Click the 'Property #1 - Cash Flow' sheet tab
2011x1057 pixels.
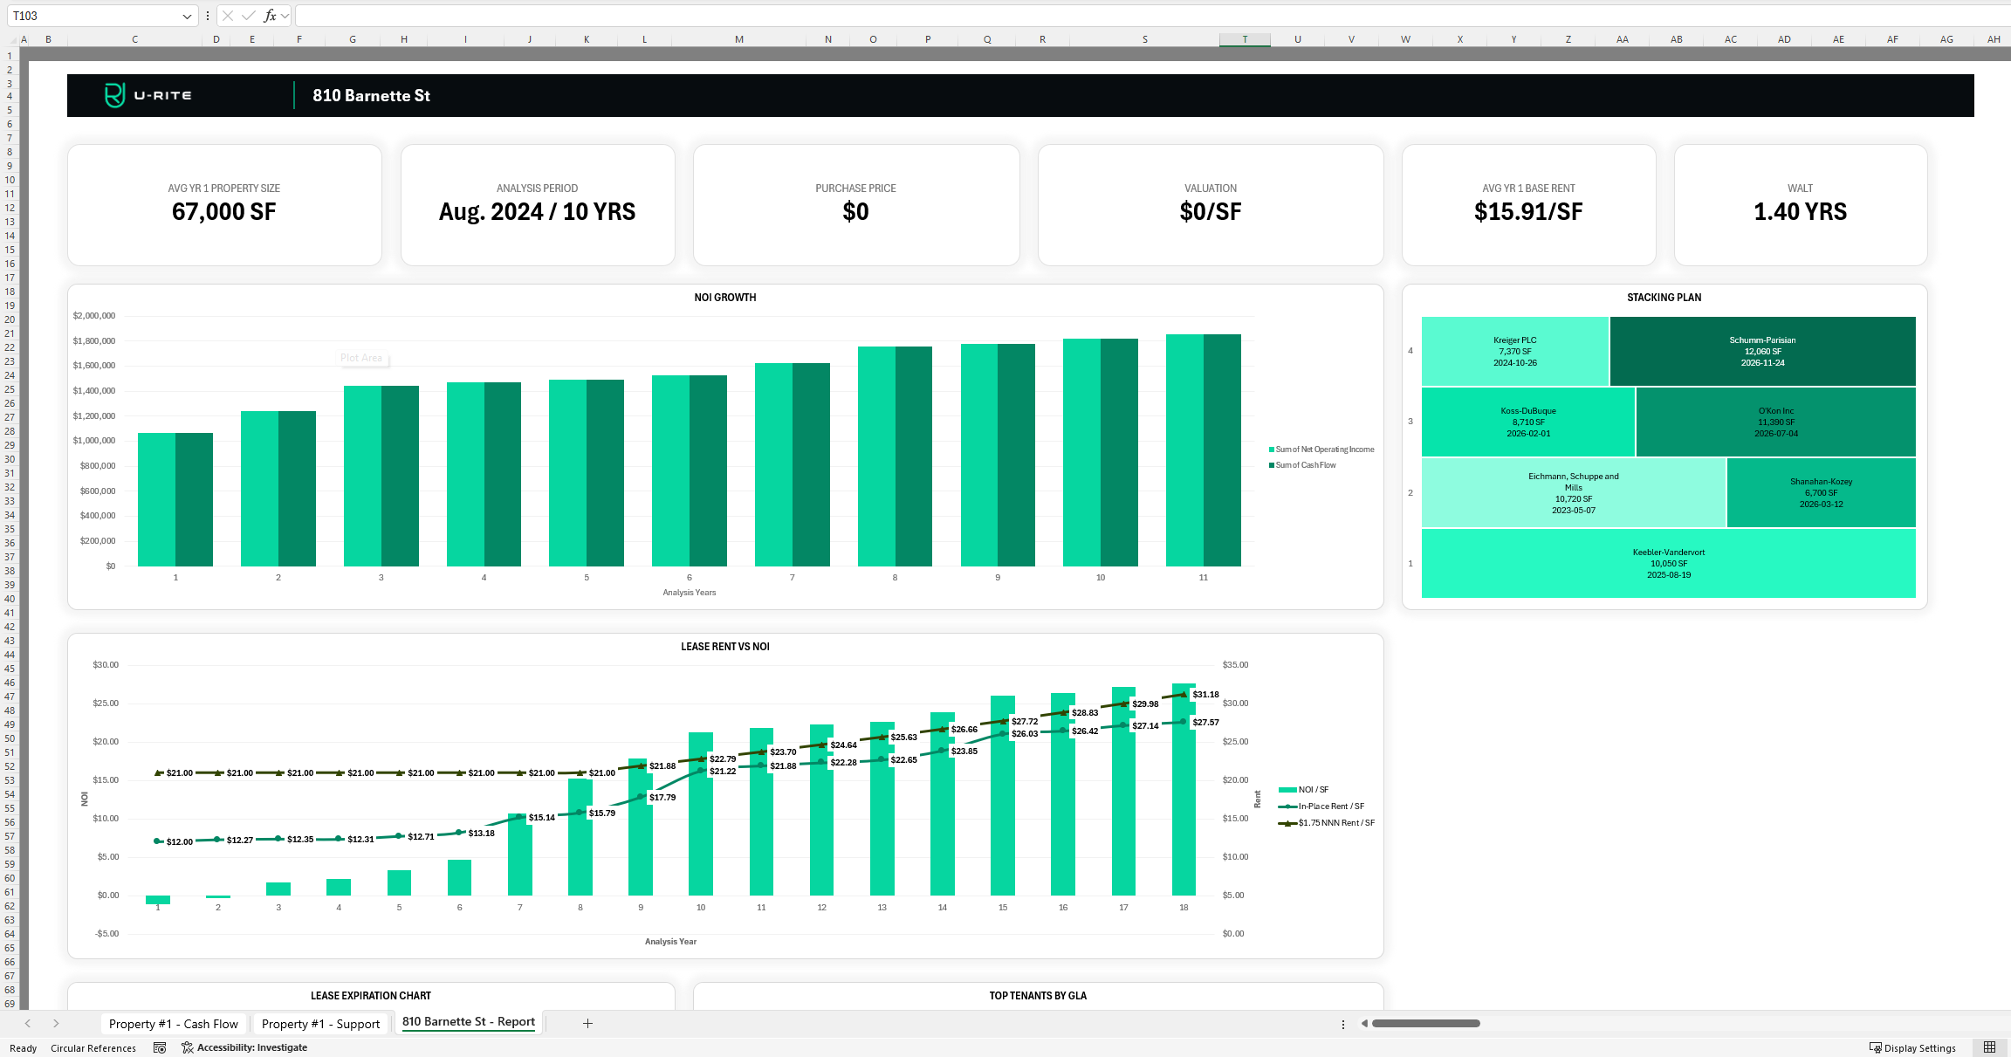click(173, 1024)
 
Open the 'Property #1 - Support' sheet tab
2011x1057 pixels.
click(320, 1024)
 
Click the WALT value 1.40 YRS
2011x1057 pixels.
click(1800, 212)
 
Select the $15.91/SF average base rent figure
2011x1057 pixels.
click(1527, 212)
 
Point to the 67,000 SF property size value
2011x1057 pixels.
click(223, 212)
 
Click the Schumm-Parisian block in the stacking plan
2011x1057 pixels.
click(1762, 351)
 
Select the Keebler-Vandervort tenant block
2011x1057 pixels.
click(1668, 563)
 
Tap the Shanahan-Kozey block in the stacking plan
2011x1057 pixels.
click(1821, 492)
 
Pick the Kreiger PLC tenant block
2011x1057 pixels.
click(1514, 351)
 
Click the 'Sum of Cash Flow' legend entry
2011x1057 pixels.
click(1305, 465)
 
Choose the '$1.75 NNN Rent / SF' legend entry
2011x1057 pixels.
click(1335, 823)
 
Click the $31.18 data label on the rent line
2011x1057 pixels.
click(1205, 695)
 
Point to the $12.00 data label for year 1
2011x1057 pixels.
click(179, 842)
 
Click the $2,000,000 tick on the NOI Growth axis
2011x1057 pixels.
click(94, 316)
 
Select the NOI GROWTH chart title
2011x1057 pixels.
click(724, 298)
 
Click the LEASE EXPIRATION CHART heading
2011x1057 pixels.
click(370, 996)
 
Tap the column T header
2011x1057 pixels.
click(1245, 39)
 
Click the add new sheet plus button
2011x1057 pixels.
click(587, 1023)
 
